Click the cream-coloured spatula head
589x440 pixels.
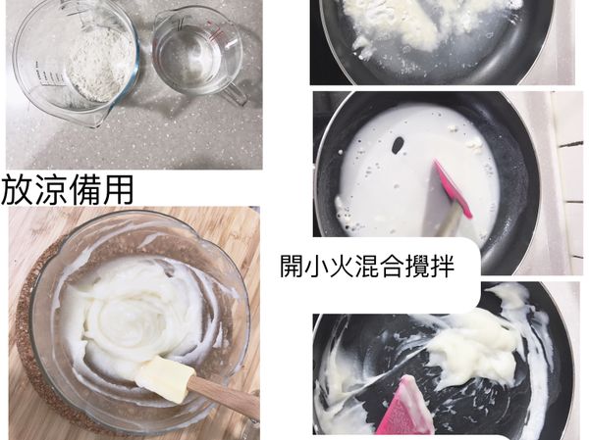pos(163,377)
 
